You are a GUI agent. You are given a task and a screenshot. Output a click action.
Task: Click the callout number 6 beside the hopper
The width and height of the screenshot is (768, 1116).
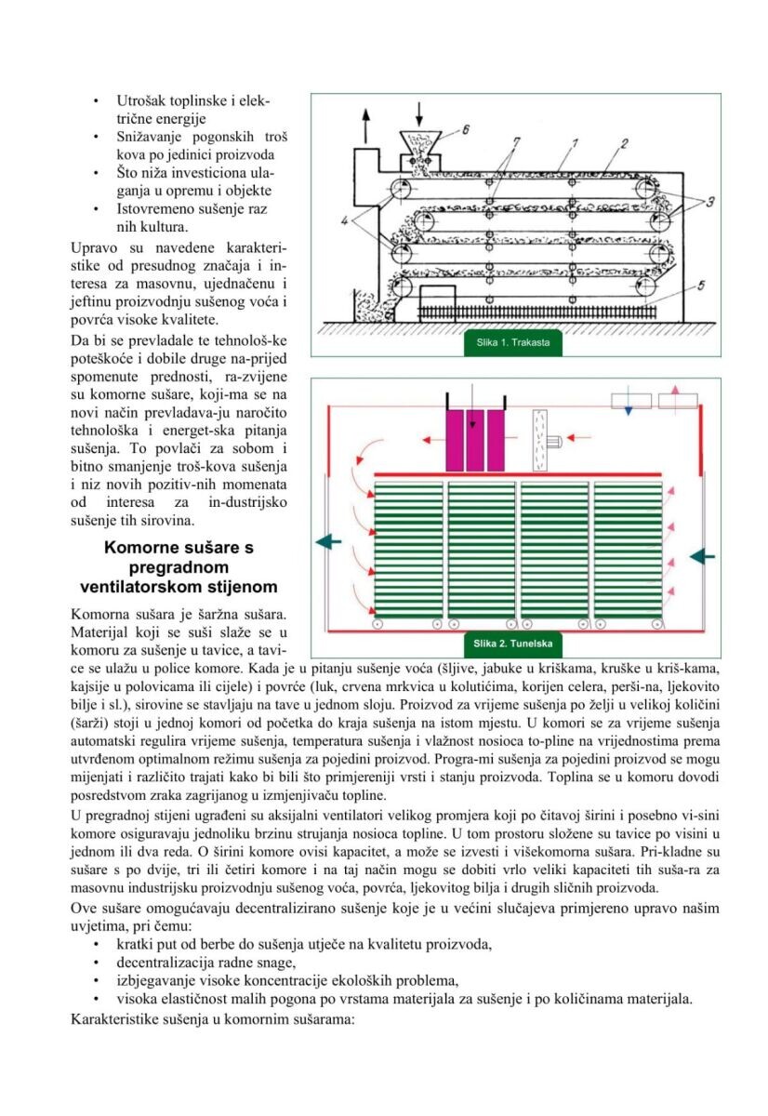(x=465, y=129)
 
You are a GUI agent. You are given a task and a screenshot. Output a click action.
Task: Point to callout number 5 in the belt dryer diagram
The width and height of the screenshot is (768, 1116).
(x=700, y=286)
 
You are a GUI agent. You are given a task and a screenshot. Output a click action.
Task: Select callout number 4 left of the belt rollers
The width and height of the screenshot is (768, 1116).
(x=344, y=219)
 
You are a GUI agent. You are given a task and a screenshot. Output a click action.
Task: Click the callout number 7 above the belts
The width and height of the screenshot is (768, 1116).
(x=516, y=141)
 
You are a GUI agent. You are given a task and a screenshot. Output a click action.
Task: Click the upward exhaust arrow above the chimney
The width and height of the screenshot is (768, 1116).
(x=366, y=126)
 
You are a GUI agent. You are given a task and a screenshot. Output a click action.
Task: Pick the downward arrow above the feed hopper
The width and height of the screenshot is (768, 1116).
(x=418, y=114)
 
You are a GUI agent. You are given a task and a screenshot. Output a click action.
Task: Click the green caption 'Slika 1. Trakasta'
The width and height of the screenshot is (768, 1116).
(x=512, y=343)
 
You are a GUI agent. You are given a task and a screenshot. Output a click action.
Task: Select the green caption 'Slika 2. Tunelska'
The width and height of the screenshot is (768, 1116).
(x=512, y=644)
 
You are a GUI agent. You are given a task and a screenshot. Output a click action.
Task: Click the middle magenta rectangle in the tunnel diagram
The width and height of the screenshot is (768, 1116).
(x=474, y=441)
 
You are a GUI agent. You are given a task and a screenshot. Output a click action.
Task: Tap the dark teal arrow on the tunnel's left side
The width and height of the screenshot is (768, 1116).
(x=329, y=541)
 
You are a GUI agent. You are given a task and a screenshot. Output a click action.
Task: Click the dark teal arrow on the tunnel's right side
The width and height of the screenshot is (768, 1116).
(x=702, y=556)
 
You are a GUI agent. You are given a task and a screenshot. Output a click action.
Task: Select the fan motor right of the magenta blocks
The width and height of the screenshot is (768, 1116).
(x=553, y=442)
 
